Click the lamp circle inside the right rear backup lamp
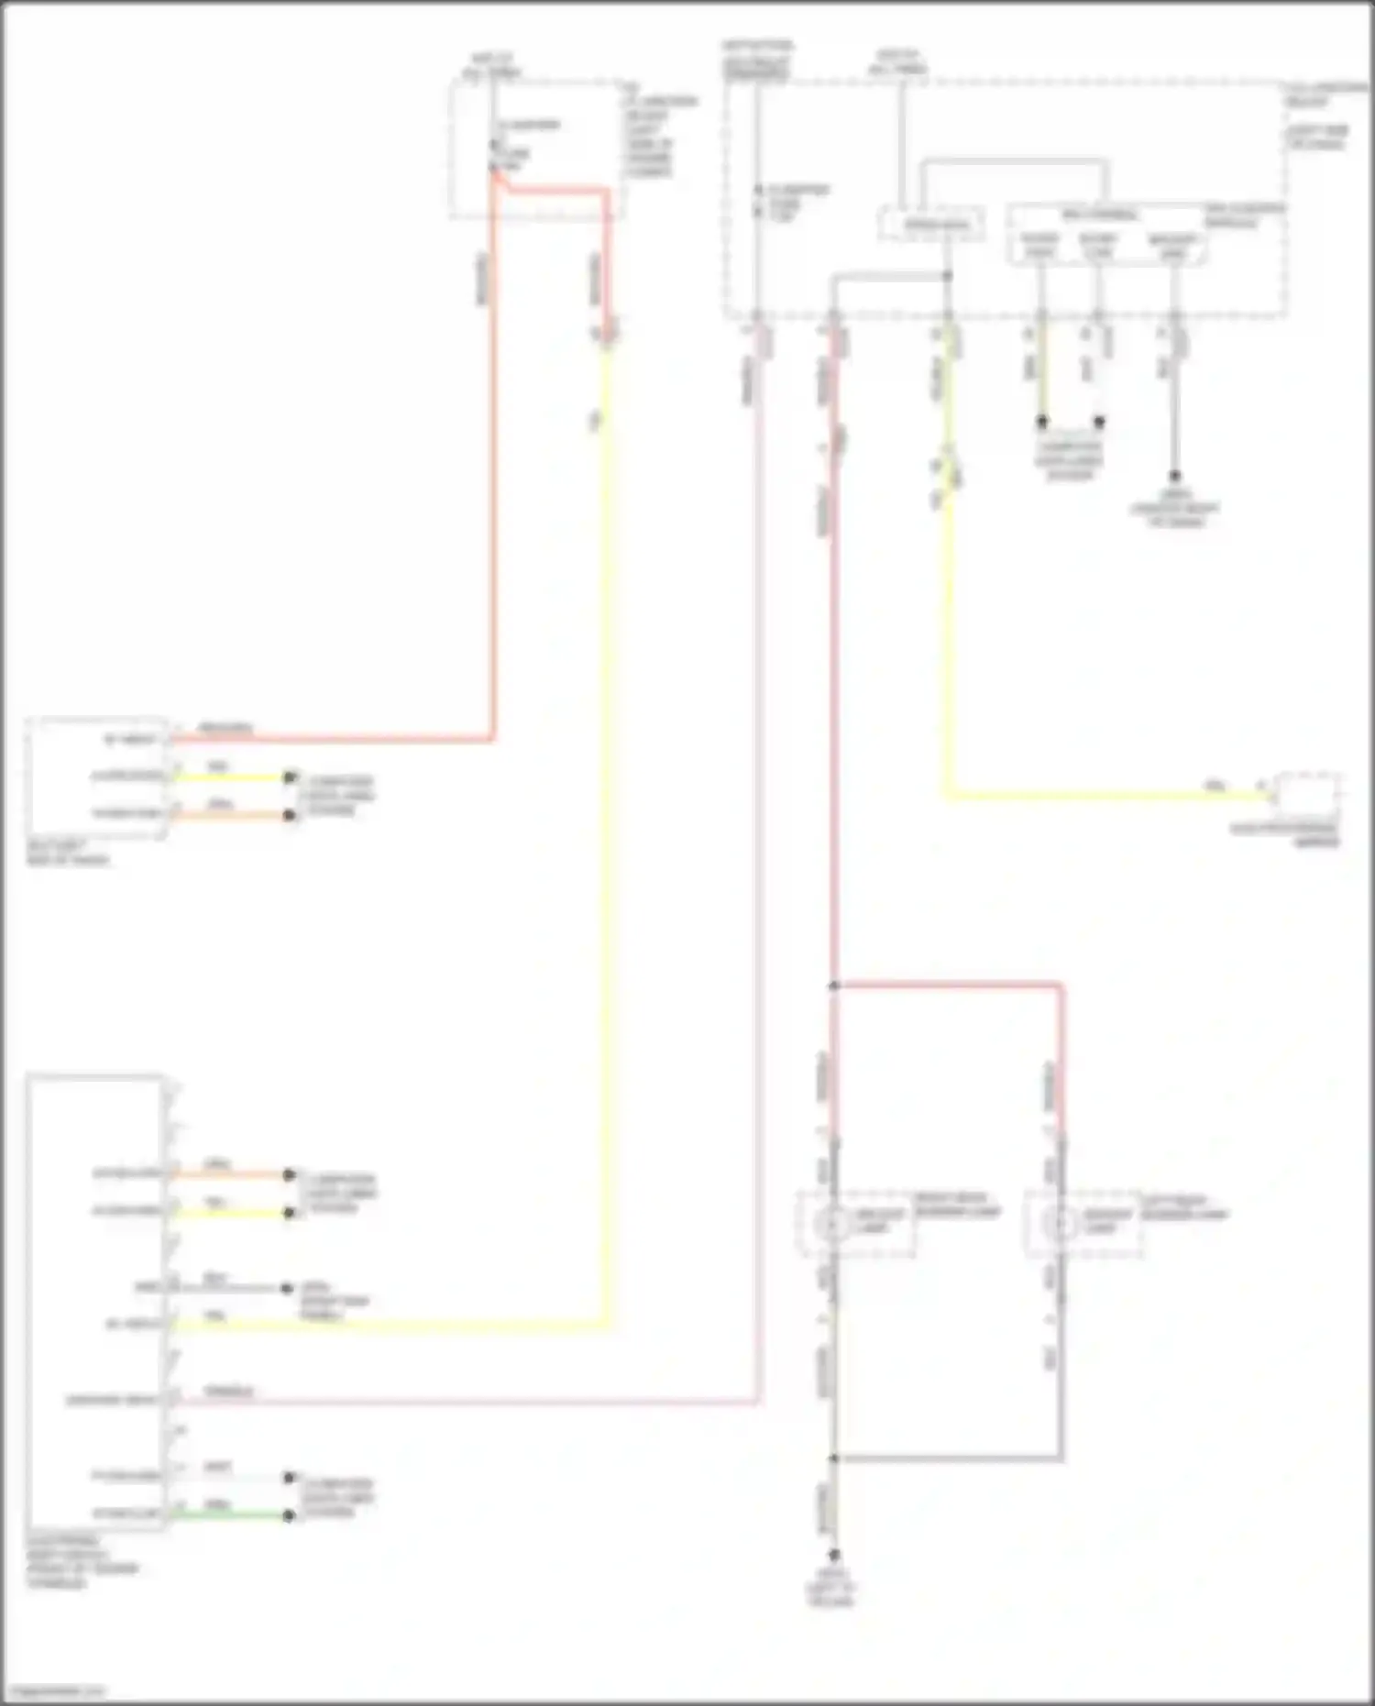pos(832,1224)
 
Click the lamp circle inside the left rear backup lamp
pos(1061,1224)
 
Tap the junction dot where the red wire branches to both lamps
pos(834,986)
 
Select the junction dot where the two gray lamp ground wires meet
pos(834,1458)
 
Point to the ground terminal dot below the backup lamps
pos(834,1555)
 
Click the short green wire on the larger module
pos(229,1515)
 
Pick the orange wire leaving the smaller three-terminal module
pos(229,815)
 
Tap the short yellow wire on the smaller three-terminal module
pos(229,777)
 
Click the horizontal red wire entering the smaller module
pos(330,739)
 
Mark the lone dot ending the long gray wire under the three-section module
pos(1174,476)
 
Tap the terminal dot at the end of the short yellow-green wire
pos(1042,422)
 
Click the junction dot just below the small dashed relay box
pos(948,275)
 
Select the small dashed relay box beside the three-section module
pos(932,224)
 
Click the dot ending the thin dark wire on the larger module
pos(287,1288)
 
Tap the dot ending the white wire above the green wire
pos(289,1478)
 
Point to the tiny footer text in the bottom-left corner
pos(53,1690)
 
